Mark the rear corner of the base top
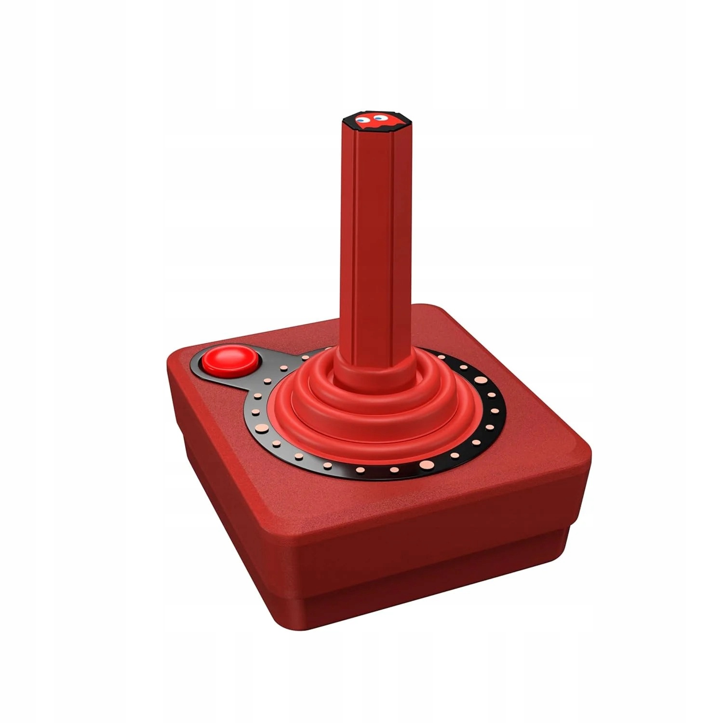click(424, 308)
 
